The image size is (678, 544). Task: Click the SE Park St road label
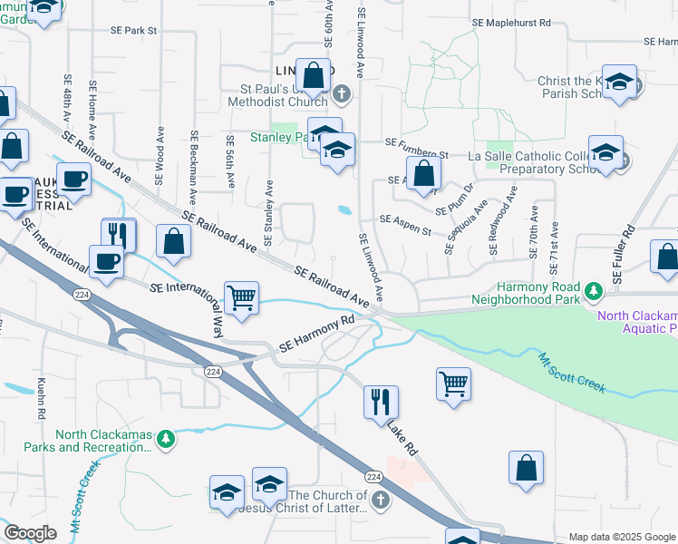tap(129, 31)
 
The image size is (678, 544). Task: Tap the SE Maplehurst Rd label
tap(512, 23)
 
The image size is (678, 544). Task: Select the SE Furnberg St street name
tap(417, 143)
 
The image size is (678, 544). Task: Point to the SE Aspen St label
tap(405, 219)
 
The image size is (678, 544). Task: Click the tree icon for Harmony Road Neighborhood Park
tap(594, 292)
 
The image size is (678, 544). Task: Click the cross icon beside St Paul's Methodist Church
tap(342, 92)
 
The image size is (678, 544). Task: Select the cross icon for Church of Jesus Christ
tap(381, 500)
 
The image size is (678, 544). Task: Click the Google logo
tap(30, 533)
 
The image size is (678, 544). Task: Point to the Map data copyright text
tap(623, 537)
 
